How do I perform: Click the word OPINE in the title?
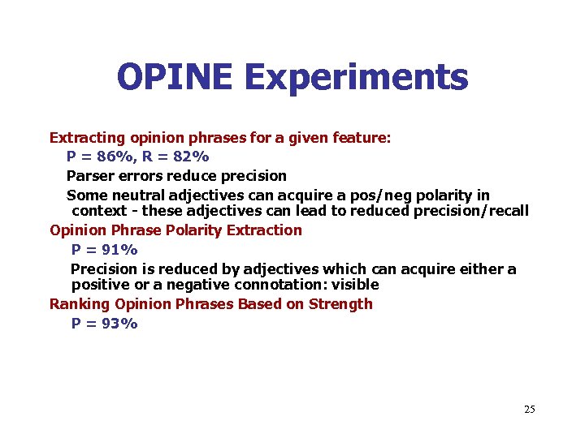(175, 78)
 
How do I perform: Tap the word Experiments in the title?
(356, 78)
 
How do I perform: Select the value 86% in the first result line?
(115, 157)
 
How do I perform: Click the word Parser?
(89, 175)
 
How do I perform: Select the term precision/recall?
(471, 211)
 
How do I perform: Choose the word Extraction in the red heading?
(264, 230)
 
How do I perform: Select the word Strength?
(340, 304)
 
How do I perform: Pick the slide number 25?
(530, 409)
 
